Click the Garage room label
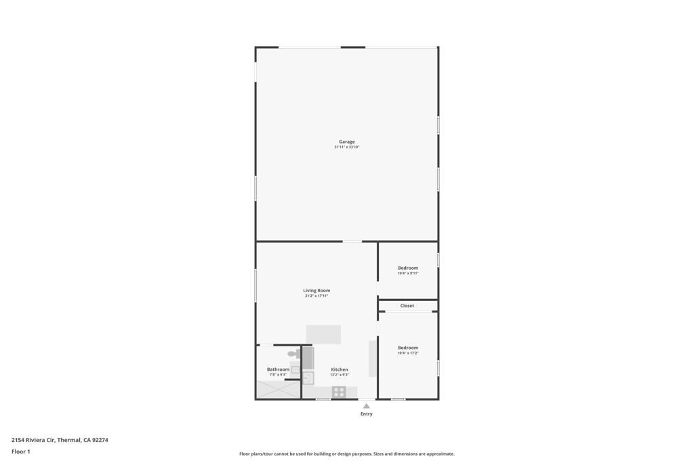[x=347, y=142]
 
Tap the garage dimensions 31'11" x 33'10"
[x=347, y=147]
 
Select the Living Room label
[x=317, y=290]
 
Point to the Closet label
[x=407, y=306]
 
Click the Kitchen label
[x=340, y=369]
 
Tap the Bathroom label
[x=278, y=369]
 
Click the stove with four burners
[x=339, y=391]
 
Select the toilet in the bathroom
[x=293, y=354]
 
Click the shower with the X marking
[x=277, y=390]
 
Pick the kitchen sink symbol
[x=308, y=378]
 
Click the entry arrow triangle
[x=367, y=406]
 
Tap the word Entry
[x=367, y=414]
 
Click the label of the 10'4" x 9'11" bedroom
[x=408, y=268]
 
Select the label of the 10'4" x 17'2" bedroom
[x=408, y=348]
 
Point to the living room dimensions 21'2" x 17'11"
[x=317, y=296]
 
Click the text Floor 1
[x=21, y=451]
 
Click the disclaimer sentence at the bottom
[x=346, y=454]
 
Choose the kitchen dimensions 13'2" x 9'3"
[x=340, y=375]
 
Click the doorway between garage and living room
[x=352, y=241]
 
